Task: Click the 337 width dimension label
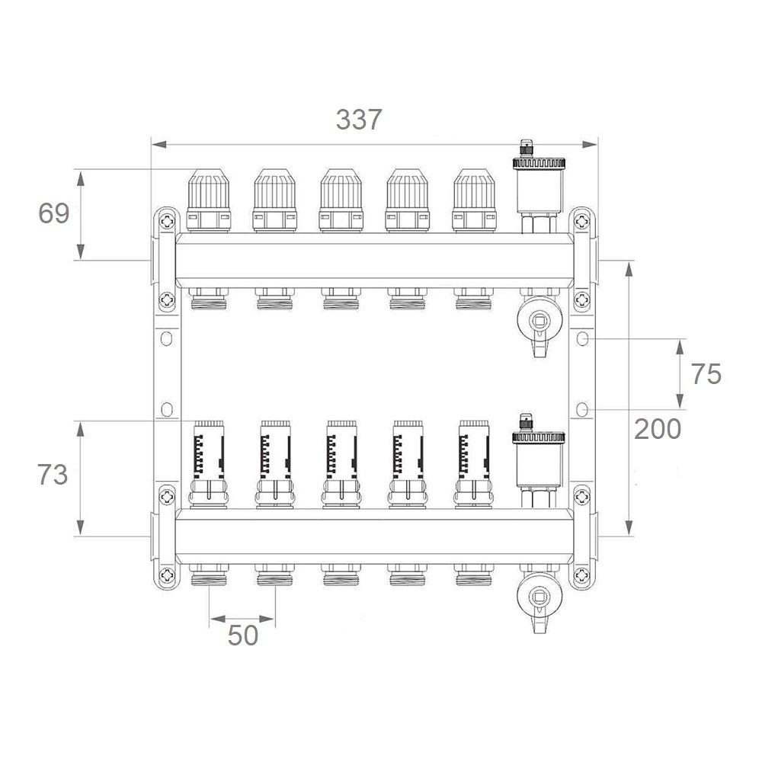359,120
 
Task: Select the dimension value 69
53,213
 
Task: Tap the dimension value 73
53,475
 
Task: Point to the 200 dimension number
658,429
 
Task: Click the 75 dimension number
706,374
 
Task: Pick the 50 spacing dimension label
243,636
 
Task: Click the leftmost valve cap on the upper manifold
209,200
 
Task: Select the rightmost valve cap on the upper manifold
474,200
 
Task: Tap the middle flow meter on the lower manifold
341,465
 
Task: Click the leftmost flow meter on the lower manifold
209,465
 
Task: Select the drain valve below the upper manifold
539,323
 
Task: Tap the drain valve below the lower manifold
539,599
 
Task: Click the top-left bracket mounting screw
167,222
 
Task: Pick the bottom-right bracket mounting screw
581,575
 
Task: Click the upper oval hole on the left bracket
167,338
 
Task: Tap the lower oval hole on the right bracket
582,410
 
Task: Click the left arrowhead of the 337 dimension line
159,144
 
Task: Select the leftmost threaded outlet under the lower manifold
209,575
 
